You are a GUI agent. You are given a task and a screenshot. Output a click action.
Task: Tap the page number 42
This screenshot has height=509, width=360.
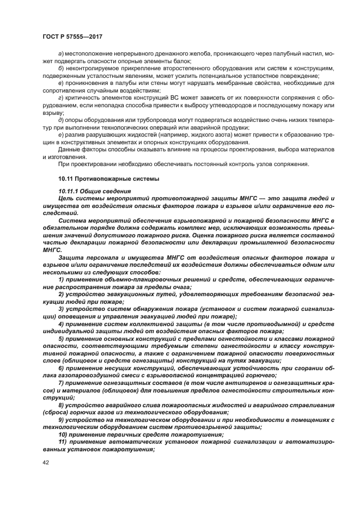[45, 462]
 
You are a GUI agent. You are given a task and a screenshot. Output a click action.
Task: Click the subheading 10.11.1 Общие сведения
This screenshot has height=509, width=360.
[94, 191]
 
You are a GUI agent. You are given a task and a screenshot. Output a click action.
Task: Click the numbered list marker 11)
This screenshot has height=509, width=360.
[63, 444]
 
